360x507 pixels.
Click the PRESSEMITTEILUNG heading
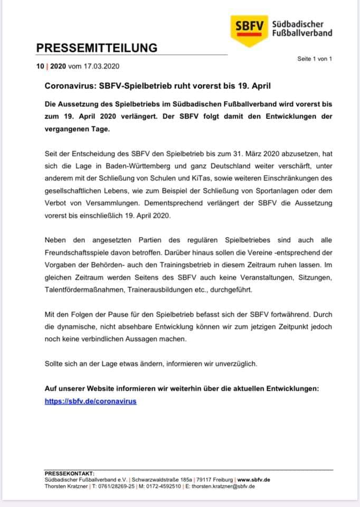point(97,48)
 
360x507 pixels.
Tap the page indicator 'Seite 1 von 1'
point(315,59)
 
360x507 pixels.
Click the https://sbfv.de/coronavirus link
point(90,401)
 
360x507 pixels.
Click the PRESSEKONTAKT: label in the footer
point(70,474)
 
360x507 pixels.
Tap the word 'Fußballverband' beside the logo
point(302,33)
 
